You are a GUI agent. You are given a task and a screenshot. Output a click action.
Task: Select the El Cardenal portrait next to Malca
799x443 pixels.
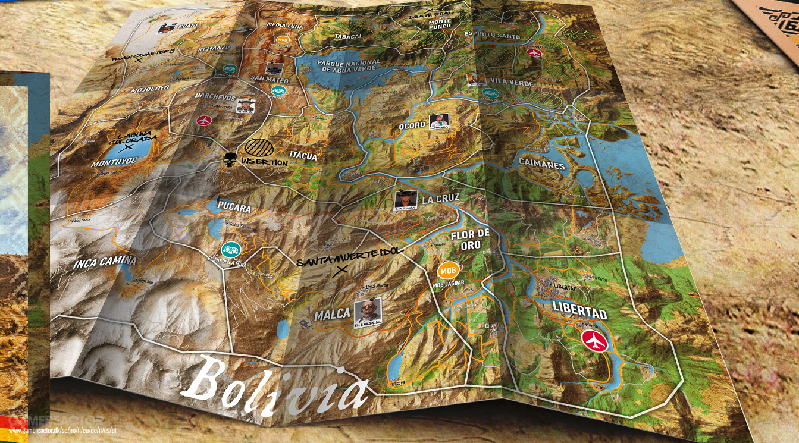pos(368,312)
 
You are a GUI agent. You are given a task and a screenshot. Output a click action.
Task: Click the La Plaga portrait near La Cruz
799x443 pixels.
pos(406,200)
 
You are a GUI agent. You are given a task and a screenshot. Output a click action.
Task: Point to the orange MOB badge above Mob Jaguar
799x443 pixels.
pos(450,270)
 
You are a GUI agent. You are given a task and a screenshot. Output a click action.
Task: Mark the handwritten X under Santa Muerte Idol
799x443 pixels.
pos(341,271)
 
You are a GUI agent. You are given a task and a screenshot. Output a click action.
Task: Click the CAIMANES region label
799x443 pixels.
pos(541,165)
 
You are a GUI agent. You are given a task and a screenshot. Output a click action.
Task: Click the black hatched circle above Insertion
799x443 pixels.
pos(260,147)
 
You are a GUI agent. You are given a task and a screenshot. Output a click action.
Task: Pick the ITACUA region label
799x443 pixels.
pos(303,156)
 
